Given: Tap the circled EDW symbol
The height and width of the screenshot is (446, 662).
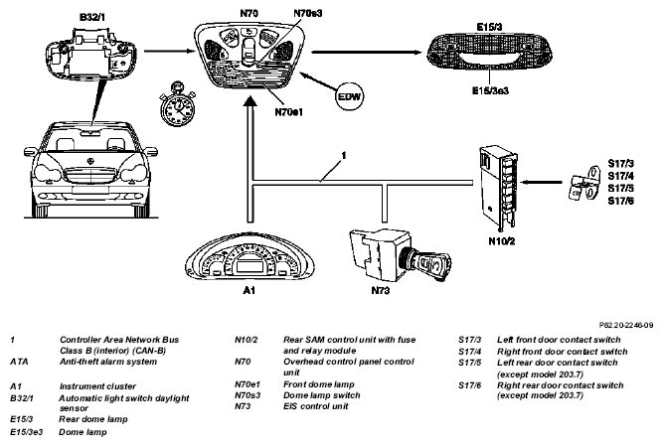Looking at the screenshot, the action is pyautogui.click(x=350, y=96).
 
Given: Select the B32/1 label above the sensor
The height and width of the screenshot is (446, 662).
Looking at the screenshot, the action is pyautogui.click(x=92, y=17).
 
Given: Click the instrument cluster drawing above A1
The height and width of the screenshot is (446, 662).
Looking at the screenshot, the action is pyautogui.click(x=249, y=256).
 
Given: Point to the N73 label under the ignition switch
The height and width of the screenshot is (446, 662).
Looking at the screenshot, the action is pyautogui.click(x=381, y=290).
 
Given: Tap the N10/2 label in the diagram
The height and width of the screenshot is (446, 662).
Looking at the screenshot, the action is pyautogui.click(x=502, y=241).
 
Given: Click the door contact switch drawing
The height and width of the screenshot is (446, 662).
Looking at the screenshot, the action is pyautogui.click(x=584, y=183).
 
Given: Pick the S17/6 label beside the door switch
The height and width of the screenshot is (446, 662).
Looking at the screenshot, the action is pyautogui.click(x=620, y=201).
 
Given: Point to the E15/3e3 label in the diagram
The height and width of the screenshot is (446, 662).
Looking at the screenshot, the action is pyautogui.click(x=490, y=90).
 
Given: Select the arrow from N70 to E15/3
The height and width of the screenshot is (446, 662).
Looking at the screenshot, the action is pyautogui.click(x=367, y=53).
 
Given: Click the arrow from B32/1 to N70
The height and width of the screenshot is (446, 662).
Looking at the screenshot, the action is pyautogui.click(x=169, y=52).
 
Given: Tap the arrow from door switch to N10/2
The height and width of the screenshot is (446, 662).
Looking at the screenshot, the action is pyautogui.click(x=542, y=183).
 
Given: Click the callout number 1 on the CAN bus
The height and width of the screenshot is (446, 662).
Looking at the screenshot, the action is pyautogui.click(x=344, y=156).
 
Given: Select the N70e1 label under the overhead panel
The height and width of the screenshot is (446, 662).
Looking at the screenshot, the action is pyautogui.click(x=289, y=112).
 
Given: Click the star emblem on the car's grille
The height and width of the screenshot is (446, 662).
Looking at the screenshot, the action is pyautogui.click(x=89, y=161).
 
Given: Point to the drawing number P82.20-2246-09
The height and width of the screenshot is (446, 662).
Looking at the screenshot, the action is pyautogui.click(x=626, y=325).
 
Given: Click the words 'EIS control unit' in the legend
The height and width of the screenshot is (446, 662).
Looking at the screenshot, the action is pyautogui.click(x=316, y=406).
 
